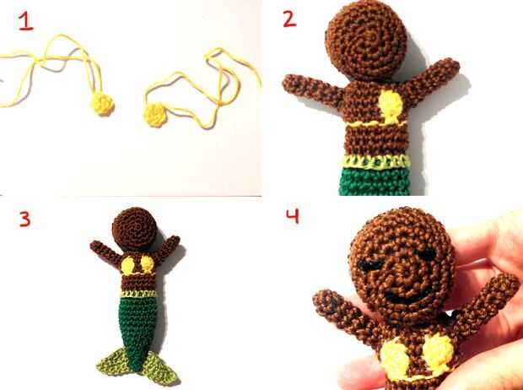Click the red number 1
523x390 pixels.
pyautogui.click(x=25, y=21)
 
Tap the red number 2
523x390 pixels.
pyautogui.click(x=289, y=19)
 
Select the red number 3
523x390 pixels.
pyautogui.click(x=25, y=219)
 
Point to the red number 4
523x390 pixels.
pyautogui.click(x=293, y=216)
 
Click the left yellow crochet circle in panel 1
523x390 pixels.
pyautogui.click(x=102, y=104)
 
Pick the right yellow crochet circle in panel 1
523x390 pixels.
pyautogui.click(x=154, y=115)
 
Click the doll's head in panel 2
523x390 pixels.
pyautogui.click(x=366, y=40)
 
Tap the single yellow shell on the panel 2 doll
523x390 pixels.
pyautogui.click(x=391, y=106)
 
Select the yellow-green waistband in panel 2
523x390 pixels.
pyautogui.click(x=375, y=161)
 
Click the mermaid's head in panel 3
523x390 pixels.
pyautogui.click(x=134, y=229)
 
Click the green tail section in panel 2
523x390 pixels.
pyautogui.click(x=375, y=181)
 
